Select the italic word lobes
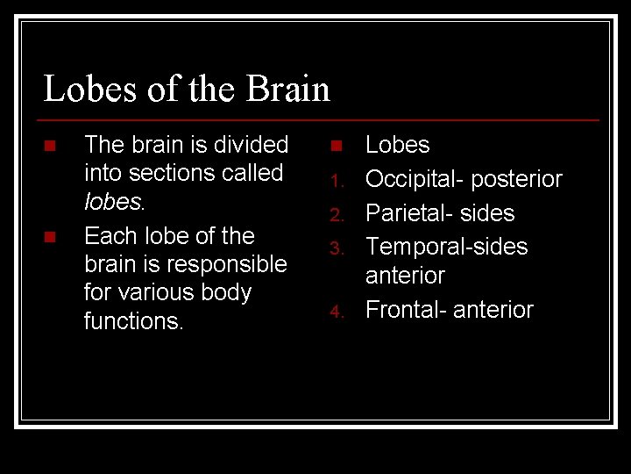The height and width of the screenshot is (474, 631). (x=113, y=201)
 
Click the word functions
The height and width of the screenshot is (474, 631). (x=132, y=321)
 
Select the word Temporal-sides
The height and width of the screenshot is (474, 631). (x=446, y=247)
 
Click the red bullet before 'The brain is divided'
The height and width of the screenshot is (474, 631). (x=50, y=145)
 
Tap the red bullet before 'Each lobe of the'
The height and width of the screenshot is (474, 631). (x=50, y=237)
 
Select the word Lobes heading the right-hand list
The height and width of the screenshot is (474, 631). (x=397, y=145)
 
